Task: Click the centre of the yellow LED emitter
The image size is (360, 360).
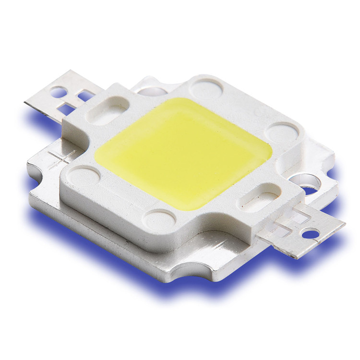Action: point(185,153)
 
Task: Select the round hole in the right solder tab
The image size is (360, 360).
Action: point(311,234)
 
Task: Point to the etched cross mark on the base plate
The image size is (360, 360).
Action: point(61,158)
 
